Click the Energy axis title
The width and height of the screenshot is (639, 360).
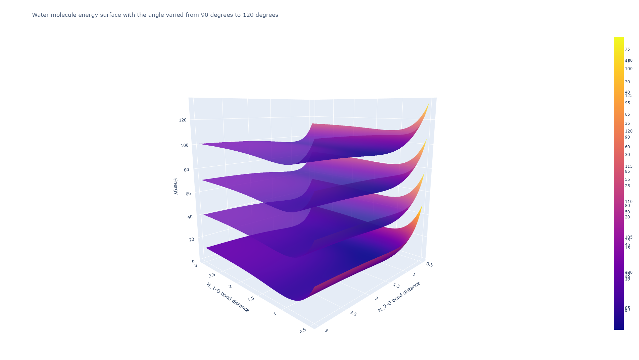175,186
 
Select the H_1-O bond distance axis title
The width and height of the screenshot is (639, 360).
228,297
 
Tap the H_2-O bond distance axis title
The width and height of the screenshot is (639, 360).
399,297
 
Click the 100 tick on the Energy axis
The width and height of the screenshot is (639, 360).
184,145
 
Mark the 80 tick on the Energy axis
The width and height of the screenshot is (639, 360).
186,170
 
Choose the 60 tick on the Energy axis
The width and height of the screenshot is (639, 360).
188,194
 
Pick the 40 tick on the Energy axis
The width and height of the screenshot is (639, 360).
190,217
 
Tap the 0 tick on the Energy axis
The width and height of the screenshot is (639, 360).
193,261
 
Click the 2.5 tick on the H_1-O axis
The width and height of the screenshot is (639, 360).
212,275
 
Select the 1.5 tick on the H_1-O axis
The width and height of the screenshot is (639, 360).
250,299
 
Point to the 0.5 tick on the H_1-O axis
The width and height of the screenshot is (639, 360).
302,330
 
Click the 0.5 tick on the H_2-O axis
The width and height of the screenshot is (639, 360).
430,265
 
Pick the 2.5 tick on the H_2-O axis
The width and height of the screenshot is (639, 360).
353,314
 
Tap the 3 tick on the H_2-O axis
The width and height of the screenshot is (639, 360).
326,331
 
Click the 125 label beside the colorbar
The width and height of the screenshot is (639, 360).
629,96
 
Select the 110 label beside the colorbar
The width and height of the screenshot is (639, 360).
629,202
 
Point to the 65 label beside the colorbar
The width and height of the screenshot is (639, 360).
627,114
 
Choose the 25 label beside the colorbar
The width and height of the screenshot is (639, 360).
627,186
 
